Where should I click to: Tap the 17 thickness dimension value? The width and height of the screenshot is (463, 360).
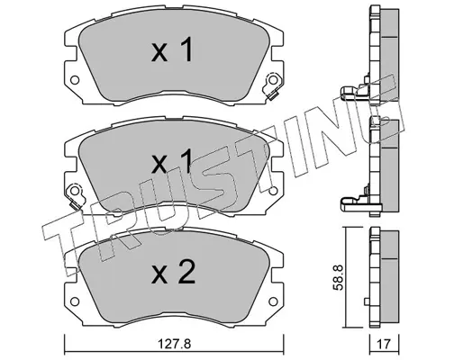[384, 344]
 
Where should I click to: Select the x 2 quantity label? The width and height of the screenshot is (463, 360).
[173, 272]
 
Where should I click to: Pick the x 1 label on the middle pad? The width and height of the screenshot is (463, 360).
[171, 161]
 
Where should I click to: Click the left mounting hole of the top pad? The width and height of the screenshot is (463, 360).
[75, 80]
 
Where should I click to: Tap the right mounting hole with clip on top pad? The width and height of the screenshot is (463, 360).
[273, 80]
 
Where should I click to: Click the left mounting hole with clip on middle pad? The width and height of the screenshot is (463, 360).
[75, 191]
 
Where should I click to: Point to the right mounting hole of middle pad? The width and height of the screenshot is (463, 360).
[273, 191]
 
